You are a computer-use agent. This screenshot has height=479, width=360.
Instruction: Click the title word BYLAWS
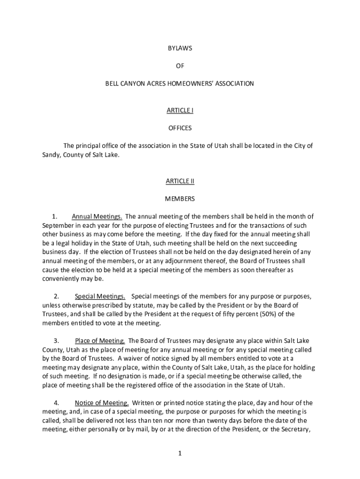pos(180,48)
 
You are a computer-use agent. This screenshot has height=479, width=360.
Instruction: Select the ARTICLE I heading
pos(180,110)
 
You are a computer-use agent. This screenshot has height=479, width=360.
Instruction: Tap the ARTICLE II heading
pos(180,181)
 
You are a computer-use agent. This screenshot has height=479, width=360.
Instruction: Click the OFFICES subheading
pos(180,128)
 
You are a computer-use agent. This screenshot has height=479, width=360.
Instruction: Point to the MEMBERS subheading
pos(180,199)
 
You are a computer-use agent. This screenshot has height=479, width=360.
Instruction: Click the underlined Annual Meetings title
pos(97,217)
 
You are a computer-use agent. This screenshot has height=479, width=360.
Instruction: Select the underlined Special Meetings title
pos(100,296)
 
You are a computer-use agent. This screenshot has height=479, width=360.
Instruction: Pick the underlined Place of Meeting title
pos(100,341)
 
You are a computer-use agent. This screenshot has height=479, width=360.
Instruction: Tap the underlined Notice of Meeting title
pos(101,403)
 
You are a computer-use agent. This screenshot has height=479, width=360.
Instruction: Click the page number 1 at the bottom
pos(180,453)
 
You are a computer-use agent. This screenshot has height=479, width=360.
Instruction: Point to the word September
pos(56,225)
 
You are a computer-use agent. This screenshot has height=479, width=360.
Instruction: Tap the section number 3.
pos(56,341)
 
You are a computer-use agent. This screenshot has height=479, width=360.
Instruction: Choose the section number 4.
pos(56,403)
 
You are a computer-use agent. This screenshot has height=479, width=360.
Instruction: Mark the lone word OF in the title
pos(180,66)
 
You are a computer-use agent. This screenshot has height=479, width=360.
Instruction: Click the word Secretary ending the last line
pos(296,429)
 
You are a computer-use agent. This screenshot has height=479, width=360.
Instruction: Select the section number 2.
pos(56,296)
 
